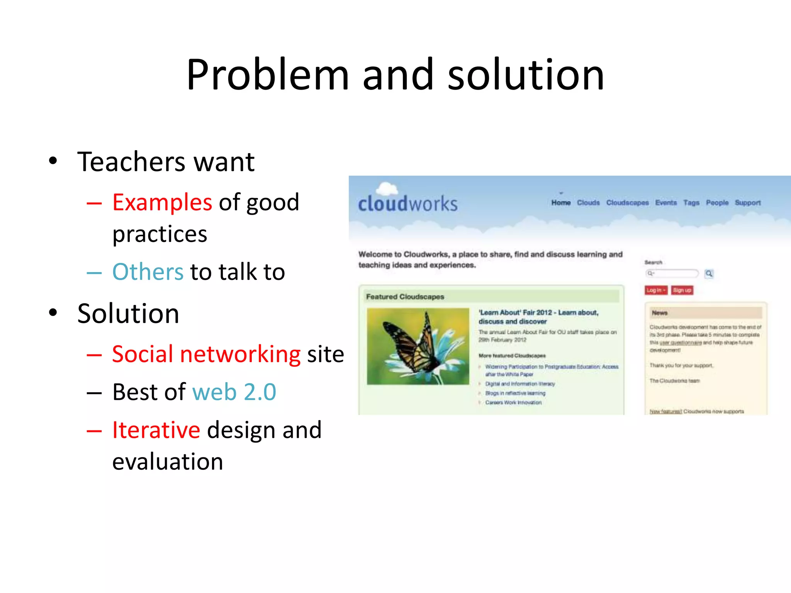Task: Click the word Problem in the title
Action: pos(267,75)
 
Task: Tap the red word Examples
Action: pos(162,202)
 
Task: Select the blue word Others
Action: pos(148,272)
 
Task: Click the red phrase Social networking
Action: pos(206,354)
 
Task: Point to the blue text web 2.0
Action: pos(234,392)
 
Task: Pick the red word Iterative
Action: pos(156,430)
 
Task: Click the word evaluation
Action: pos(168,462)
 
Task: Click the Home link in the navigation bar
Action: pos(561,203)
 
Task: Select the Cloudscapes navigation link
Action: pos(627,203)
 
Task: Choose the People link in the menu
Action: pos(717,203)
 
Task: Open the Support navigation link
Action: pos(747,203)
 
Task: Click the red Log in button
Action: pos(655,290)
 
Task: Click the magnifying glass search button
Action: pos(709,274)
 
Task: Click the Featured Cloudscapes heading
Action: pos(405,297)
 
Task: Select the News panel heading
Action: pos(659,313)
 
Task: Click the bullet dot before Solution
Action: pos(53,313)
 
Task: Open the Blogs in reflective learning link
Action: pos(515,393)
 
